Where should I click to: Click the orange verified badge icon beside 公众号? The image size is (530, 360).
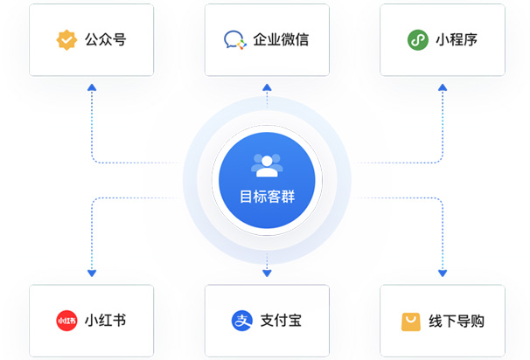[x=66, y=40]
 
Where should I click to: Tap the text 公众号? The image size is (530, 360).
[x=105, y=40]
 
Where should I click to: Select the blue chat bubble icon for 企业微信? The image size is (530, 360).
[x=234, y=40]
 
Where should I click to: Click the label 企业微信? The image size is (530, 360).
[x=281, y=40]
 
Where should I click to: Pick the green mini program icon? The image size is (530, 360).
[x=417, y=40]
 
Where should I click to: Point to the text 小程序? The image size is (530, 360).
[x=456, y=40]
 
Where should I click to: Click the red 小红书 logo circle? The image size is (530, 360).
[x=66, y=321]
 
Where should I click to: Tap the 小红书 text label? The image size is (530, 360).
[x=105, y=321]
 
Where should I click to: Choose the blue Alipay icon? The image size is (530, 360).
[x=241, y=321]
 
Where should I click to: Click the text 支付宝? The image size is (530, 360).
[x=281, y=321]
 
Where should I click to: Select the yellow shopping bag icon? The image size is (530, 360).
[x=410, y=322]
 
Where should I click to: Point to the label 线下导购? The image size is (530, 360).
[x=456, y=321]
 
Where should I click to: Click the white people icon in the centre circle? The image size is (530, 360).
[x=267, y=164]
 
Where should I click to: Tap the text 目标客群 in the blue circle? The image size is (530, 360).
[x=267, y=197]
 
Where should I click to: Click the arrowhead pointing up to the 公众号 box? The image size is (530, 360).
[x=92, y=87]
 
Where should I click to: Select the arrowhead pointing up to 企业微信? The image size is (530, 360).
[x=267, y=87]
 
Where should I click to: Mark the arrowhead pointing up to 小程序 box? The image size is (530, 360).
[x=443, y=87]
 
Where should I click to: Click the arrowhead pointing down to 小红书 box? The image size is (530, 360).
[x=92, y=273]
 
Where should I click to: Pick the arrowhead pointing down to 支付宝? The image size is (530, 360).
[x=267, y=273]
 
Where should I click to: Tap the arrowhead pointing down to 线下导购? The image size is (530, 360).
[x=443, y=273]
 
